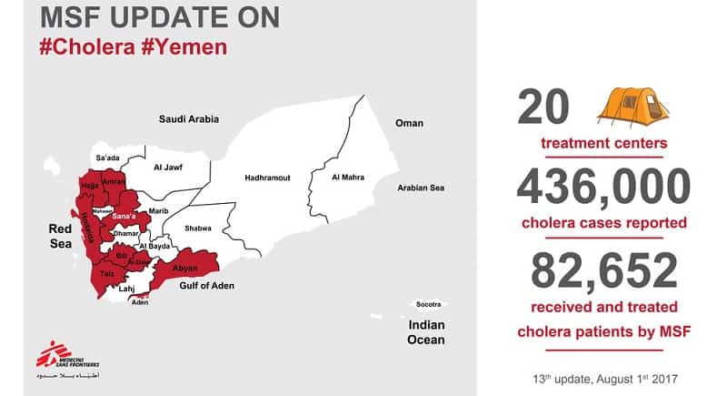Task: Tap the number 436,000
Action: tap(603, 188)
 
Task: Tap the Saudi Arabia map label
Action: tap(189, 119)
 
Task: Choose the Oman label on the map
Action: tap(408, 123)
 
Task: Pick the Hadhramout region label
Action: tap(267, 178)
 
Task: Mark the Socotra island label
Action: tap(427, 303)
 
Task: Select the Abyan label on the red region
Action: tap(184, 268)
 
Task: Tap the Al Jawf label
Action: tap(168, 168)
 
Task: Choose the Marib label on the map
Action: tap(159, 210)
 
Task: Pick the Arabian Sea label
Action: tap(421, 188)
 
